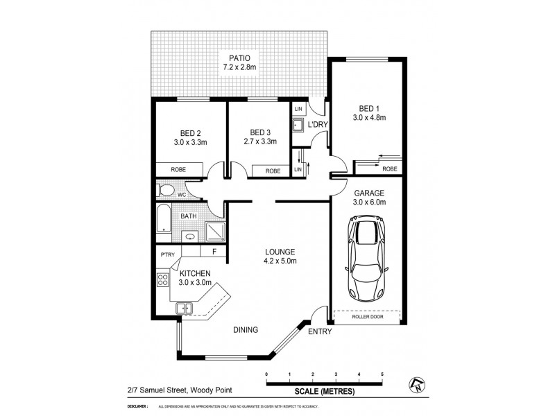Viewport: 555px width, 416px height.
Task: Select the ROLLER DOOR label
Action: [366, 317]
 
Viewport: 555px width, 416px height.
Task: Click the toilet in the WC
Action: [166, 190]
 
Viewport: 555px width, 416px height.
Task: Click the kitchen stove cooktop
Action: [164, 281]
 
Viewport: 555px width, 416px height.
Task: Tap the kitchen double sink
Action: [184, 309]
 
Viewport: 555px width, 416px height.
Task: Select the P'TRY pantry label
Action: [166, 254]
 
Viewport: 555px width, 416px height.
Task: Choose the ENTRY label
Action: [320, 332]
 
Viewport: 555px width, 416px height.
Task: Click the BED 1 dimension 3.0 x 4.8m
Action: [368, 118]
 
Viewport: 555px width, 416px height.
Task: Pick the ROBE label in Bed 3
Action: [273, 171]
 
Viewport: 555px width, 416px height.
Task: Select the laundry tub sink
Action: [298, 126]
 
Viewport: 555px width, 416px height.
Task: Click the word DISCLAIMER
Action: [139, 406]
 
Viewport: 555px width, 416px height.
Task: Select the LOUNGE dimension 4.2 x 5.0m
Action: [281, 261]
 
